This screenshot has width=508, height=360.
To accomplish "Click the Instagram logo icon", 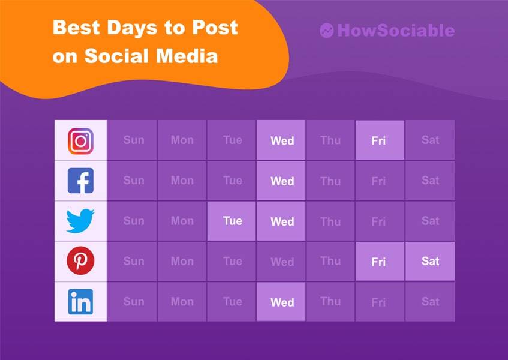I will [80, 141].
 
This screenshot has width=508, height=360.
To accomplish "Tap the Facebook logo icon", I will [80, 181].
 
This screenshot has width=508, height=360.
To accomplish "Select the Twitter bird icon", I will [80, 221].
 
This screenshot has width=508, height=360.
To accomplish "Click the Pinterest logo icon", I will [80, 262].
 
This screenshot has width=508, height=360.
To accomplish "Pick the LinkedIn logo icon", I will [80, 302].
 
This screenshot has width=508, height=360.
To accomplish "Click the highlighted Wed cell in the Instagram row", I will [282, 140].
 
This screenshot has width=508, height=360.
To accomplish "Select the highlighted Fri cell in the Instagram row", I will [379, 140].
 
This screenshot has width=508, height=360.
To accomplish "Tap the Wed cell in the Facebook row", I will [282, 181].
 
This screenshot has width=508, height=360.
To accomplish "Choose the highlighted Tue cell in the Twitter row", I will [232, 221].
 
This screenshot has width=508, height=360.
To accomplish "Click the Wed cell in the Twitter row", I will [282, 221].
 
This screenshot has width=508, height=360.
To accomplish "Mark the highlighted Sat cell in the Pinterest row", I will [430, 262].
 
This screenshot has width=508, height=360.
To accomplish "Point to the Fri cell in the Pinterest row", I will [379, 262].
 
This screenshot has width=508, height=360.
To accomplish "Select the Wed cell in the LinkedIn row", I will [282, 302].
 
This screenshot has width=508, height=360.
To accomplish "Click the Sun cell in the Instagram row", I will [134, 140].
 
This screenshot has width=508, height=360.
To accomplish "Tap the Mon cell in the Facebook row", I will [182, 181].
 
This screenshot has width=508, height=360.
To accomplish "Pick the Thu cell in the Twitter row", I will [330, 221].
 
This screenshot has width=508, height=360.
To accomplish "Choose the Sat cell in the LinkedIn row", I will [430, 302].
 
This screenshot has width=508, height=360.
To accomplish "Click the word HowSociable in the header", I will [396, 31].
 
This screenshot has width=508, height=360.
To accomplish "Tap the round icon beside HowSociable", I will [327, 31].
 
